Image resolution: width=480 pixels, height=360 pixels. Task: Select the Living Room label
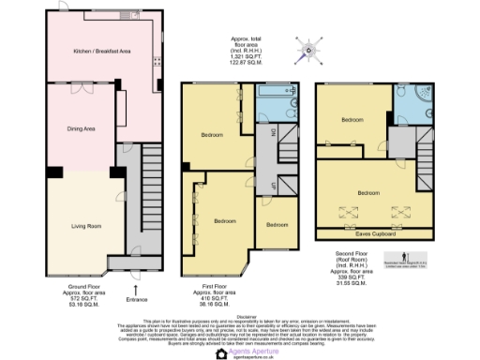85,226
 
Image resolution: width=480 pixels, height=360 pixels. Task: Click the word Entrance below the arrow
137,299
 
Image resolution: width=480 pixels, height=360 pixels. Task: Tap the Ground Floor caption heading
83,285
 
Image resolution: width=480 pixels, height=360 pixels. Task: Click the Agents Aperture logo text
247,350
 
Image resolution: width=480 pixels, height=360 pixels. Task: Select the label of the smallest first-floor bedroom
277,226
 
